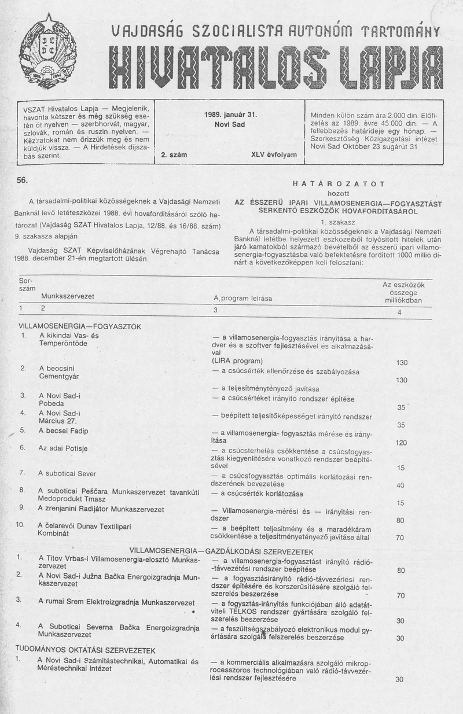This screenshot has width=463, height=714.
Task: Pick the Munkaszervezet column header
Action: click(x=68, y=296)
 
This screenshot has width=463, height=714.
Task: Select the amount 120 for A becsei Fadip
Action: click(x=401, y=443)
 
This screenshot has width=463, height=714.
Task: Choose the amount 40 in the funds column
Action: click(x=400, y=485)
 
